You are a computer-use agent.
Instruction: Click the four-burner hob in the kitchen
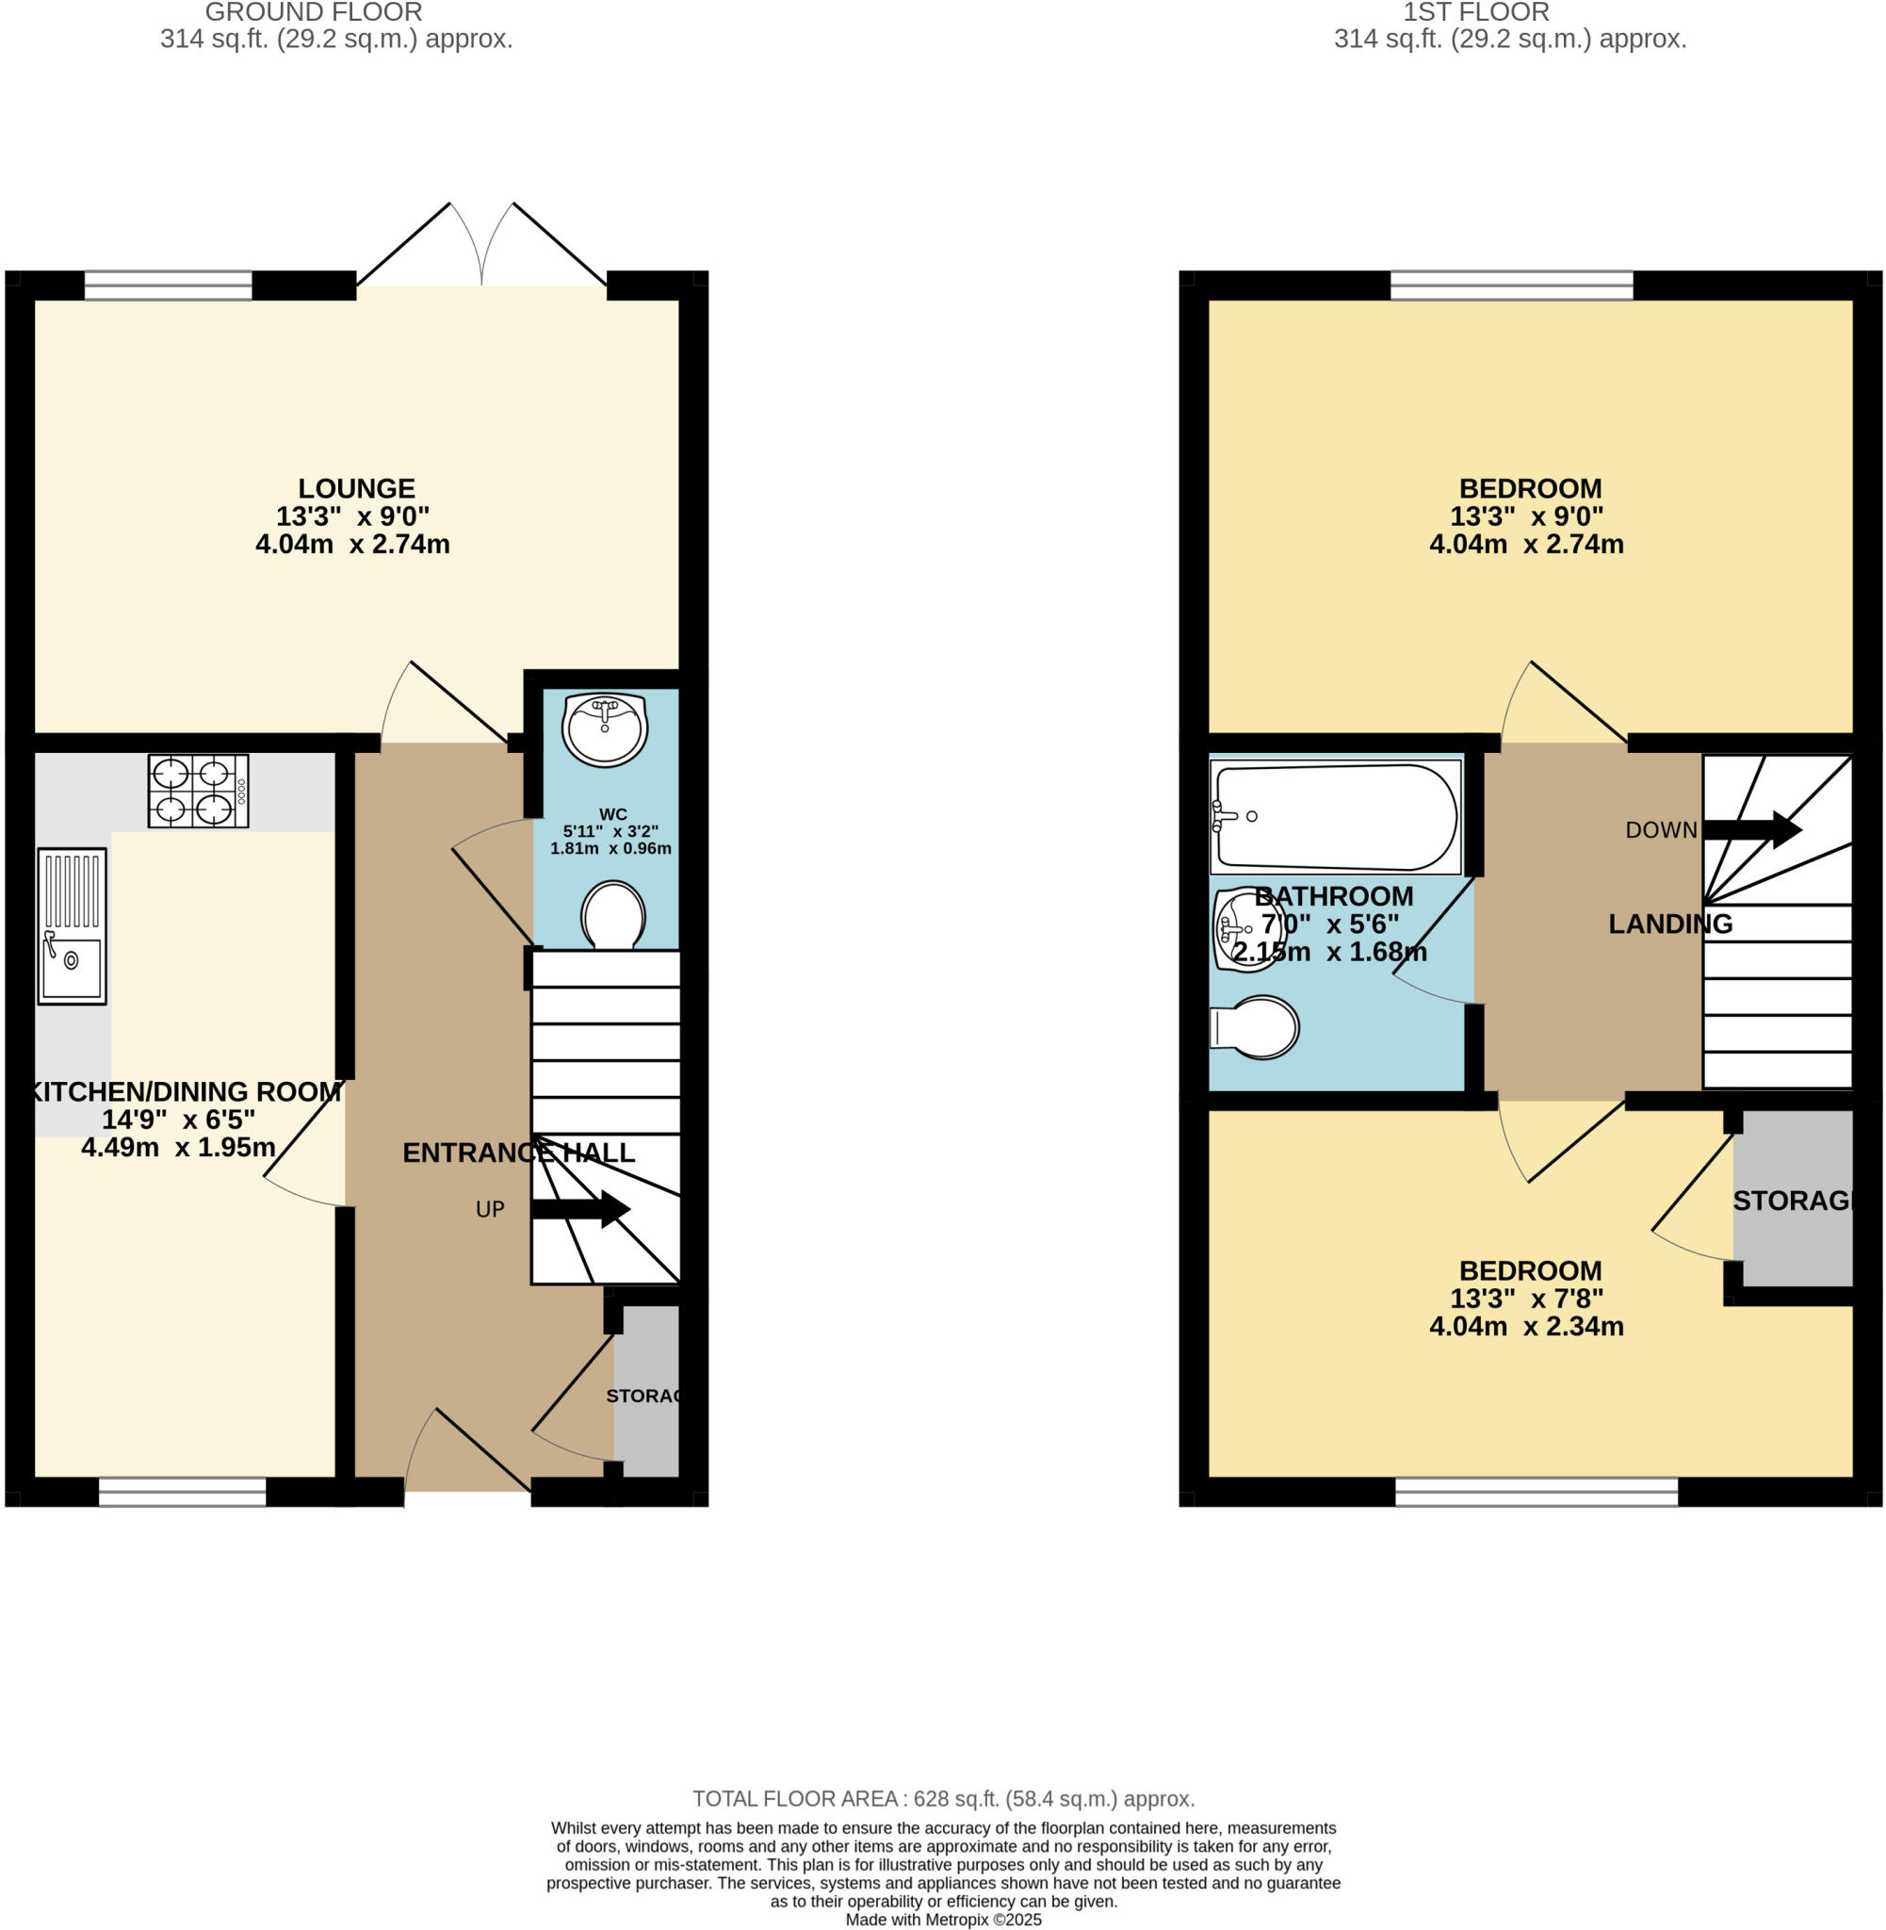coord(198,791)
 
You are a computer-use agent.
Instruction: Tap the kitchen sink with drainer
coord(73,925)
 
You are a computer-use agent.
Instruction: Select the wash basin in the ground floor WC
coord(604,729)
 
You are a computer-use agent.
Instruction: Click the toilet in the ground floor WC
coord(613,914)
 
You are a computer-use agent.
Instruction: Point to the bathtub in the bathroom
coord(1335,816)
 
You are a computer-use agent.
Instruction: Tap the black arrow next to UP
coord(580,1209)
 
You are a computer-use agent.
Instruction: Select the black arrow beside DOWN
coord(1751,829)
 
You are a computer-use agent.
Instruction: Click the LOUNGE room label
coord(357,488)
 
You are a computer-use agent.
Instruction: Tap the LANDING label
coord(1670,924)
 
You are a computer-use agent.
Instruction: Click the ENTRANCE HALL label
coord(518,1153)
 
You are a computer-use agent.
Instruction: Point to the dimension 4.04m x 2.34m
coord(1526,1327)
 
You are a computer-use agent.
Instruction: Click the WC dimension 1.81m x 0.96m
coord(610,848)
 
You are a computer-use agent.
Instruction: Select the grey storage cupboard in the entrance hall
coord(646,1391)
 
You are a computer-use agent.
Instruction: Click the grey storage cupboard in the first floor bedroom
coord(1792,1199)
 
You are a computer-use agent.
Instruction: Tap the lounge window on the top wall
coord(169,286)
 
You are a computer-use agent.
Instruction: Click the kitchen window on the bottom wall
coord(182,1492)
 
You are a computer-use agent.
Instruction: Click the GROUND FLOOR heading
coord(313,12)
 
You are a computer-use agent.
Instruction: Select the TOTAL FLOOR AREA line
coord(943,1798)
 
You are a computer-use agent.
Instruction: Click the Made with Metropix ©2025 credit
coord(943,1920)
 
